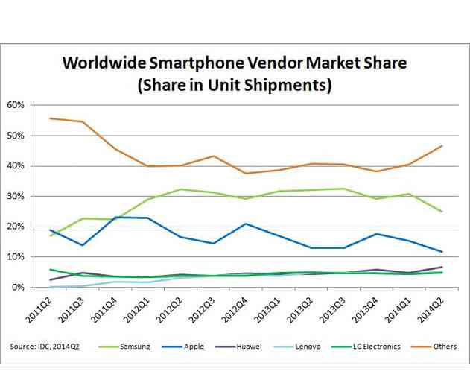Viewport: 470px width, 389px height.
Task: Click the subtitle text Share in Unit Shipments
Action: (x=234, y=85)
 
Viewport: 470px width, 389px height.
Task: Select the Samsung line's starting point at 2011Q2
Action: (x=50, y=235)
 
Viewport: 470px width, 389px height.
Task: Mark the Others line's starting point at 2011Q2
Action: (x=50, y=118)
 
